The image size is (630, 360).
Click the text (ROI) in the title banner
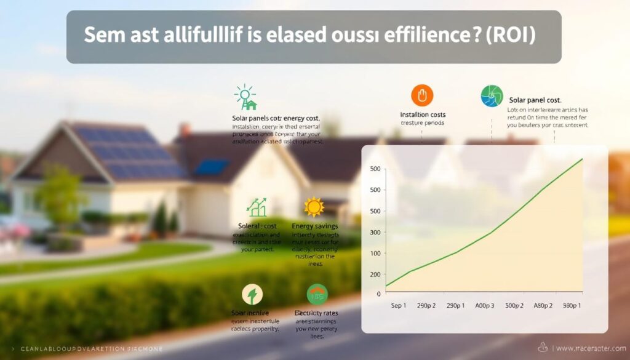click(510, 34)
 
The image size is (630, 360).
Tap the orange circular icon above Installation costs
click(422, 96)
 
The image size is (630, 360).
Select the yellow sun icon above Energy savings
click(314, 207)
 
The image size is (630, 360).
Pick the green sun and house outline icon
click(246, 97)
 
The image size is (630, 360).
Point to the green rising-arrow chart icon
click(257, 207)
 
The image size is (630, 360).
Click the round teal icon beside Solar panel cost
click(492, 97)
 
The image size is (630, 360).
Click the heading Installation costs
click(423, 114)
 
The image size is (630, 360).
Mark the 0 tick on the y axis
click(378, 295)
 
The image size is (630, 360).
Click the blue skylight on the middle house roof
click(213, 167)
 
